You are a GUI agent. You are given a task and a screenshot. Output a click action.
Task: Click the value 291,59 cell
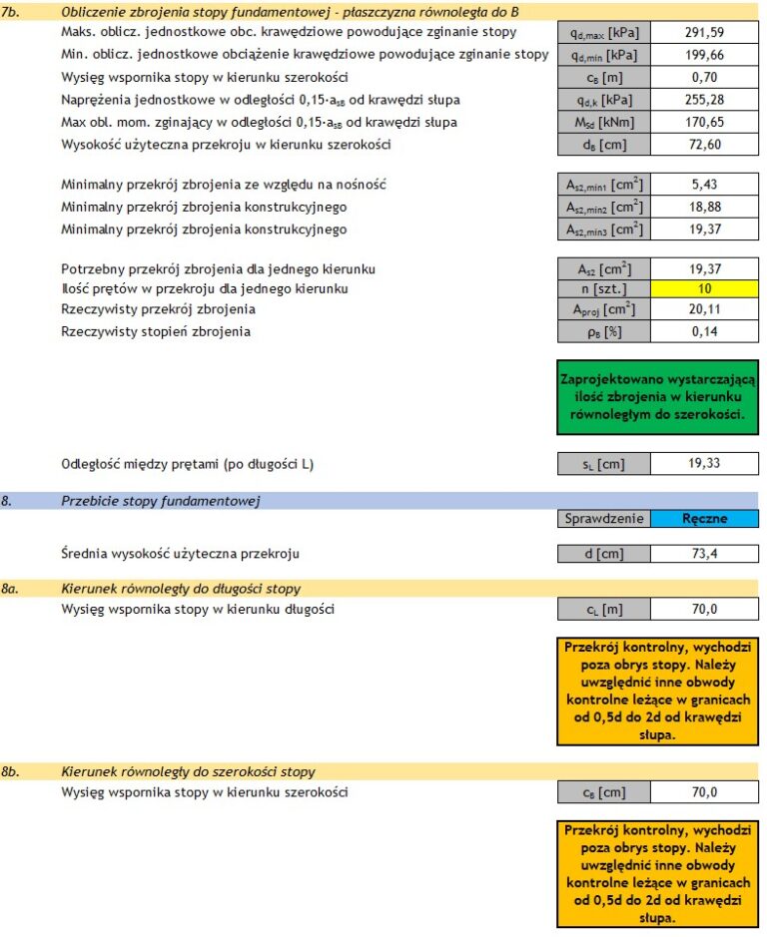704,33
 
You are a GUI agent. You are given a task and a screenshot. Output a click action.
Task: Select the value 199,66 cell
704,55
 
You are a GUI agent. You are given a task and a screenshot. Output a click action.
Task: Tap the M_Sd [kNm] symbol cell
603,122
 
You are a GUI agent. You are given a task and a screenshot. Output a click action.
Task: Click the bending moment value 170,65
704,122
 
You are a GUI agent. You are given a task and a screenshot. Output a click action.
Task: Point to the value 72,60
704,145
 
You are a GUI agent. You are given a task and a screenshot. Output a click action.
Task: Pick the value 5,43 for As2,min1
704,185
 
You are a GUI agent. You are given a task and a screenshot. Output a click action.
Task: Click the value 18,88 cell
704,208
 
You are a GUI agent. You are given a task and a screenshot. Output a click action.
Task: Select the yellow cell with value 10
704,289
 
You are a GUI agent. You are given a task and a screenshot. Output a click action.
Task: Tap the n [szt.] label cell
603,289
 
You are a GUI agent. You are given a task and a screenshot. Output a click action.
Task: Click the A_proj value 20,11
704,310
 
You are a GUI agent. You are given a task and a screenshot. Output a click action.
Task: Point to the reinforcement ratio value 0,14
704,332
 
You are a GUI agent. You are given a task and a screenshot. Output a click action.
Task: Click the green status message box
657,397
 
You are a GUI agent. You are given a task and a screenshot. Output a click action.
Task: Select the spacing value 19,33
704,464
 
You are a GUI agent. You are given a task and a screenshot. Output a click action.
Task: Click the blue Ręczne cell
704,519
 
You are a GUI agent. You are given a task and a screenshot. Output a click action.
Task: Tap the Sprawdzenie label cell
603,519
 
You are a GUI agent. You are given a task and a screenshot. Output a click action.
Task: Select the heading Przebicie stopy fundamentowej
161,501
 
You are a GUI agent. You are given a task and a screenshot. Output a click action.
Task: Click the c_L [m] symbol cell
603,610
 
